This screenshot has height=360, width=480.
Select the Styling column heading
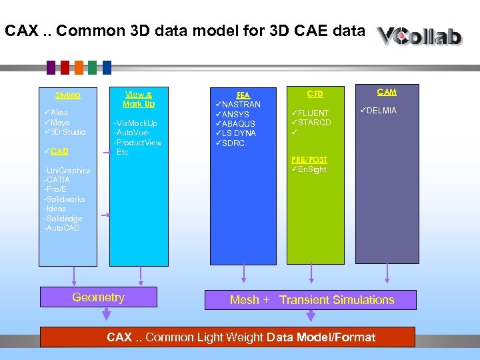[x=68, y=95]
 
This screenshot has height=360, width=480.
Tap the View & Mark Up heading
[x=139, y=99]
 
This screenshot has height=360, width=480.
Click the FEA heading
[x=243, y=95]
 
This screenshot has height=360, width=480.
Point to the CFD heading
[x=315, y=94]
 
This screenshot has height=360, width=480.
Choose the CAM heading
[x=387, y=92]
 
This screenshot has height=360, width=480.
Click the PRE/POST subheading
[x=309, y=160]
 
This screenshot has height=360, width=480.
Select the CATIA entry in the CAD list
[x=58, y=180]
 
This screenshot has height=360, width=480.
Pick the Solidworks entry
[x=64, y=199]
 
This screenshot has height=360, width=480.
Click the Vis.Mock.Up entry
[x=136, y=123]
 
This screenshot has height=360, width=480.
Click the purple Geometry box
[x=98, y=298]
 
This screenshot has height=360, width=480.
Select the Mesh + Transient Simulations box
[x=311, y=300]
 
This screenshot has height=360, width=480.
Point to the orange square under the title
[x=79, y=67]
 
